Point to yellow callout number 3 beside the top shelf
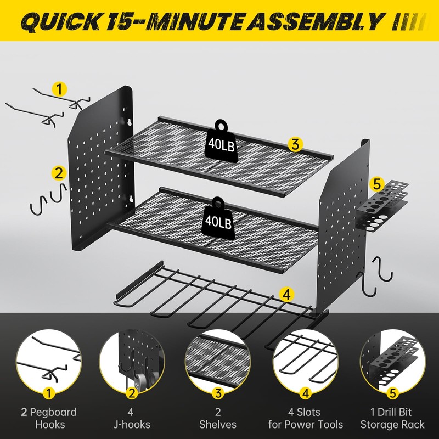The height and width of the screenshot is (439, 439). coord(295,145)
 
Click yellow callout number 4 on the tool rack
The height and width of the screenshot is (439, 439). coord(285,295)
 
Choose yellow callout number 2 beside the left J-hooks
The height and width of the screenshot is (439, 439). coord(58,173)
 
